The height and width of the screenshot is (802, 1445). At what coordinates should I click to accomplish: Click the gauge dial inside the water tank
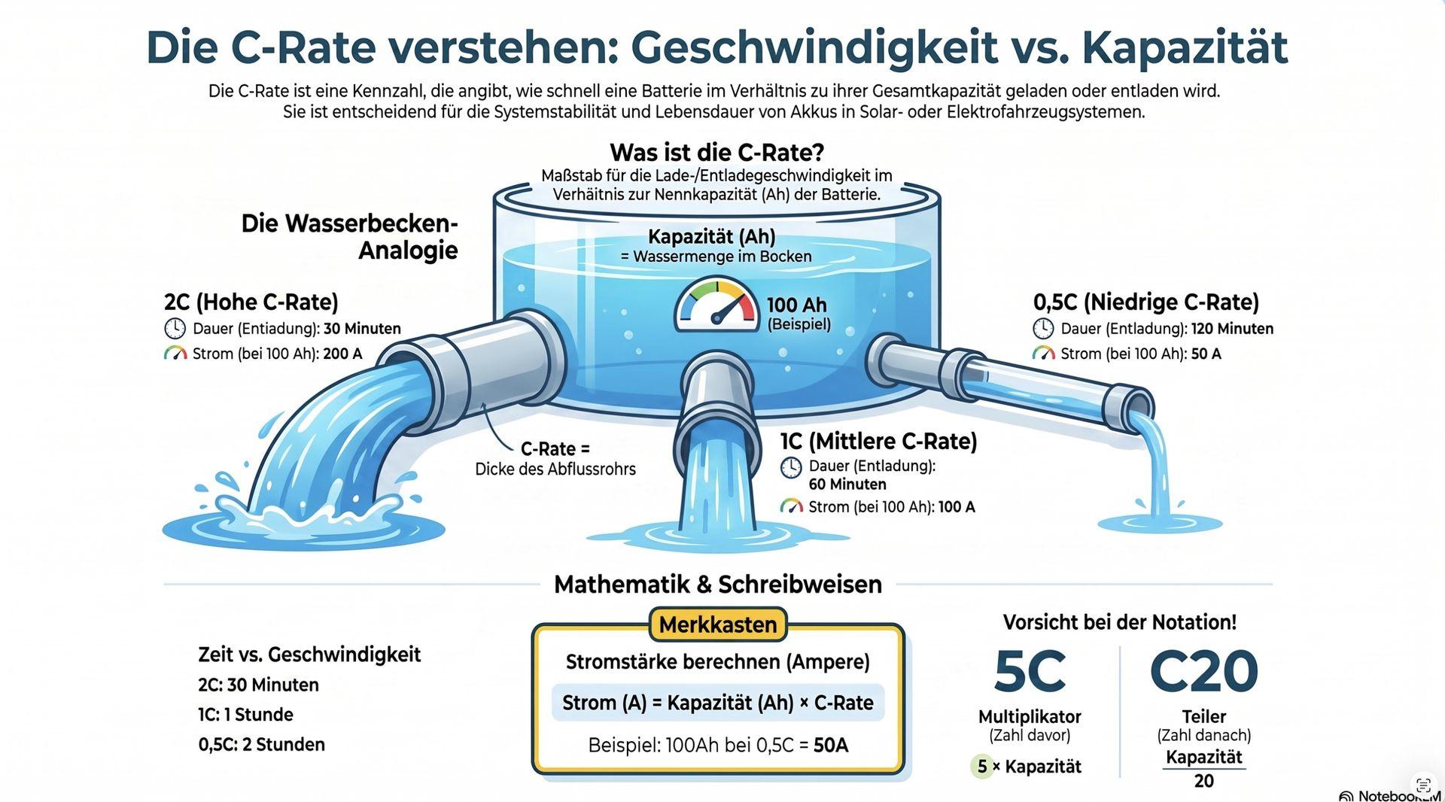click(716, 306)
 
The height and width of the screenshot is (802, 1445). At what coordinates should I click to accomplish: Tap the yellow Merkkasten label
click(717, 625)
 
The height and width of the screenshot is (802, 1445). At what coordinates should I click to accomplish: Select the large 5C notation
click(1029, 672)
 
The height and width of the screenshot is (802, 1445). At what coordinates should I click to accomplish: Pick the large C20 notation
click(1203, 672)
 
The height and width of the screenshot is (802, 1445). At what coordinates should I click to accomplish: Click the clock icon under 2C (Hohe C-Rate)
click(175, 329)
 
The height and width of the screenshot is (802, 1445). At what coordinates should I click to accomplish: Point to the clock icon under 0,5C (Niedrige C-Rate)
click(1043, 329)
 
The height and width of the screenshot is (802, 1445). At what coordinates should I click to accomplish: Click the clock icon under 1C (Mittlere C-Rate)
click(791, 467)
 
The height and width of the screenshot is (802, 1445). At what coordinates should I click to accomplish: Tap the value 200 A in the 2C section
click(342, 354)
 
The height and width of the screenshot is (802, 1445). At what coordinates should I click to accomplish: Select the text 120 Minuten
click(1232, 329)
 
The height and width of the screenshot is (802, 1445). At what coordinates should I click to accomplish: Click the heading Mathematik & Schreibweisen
click(718, 585)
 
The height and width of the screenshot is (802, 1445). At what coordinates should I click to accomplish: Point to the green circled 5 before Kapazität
click(982, 767)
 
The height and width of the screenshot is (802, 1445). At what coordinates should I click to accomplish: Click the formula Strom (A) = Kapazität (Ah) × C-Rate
click(718, 703)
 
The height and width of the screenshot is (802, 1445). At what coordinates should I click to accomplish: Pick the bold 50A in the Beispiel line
click(831, 746)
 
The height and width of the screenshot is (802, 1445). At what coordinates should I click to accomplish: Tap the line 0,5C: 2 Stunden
click(262, 745)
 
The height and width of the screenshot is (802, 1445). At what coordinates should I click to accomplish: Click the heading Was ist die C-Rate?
click(716, 153)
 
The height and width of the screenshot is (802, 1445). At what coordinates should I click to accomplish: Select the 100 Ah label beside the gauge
click(797, 305)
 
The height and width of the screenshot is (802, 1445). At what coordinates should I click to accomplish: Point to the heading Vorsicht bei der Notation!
click(1120, 622)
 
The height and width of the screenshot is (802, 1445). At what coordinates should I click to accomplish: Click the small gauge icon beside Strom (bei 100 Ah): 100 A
click(791, 506)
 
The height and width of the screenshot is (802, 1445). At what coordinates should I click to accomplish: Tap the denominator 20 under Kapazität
click(1204, 781)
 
